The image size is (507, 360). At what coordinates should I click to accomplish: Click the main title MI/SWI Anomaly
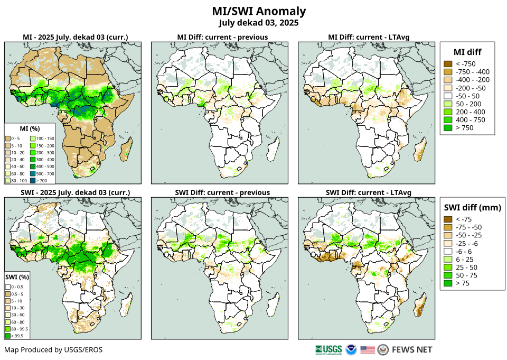pyautogui.click(x=259, y=11)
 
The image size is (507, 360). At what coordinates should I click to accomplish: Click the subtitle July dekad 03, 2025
pyautogui.click(x=259, y=23)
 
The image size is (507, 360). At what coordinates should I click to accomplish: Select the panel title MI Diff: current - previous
pyautogui.click(x=222, y=37)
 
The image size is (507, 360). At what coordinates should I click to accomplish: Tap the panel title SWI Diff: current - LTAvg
pyautogui.click(x=369, y=192)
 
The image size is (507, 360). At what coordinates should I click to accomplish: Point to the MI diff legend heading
pyautogui.click(x=467, y=52)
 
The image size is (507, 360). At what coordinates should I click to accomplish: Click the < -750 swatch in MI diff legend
pyautogui.click(x=448, y=64)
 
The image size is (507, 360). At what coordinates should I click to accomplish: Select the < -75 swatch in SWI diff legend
pyautogui.click(x=448, y=219)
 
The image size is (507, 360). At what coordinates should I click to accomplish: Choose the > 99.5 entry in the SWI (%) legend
pyautogui.click(x=18, y=335)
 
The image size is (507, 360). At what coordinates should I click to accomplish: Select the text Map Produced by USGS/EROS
pyautogui.click(x=53, y=350)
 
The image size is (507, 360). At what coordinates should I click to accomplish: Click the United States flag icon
pyautogui.click(x=368, y=349)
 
